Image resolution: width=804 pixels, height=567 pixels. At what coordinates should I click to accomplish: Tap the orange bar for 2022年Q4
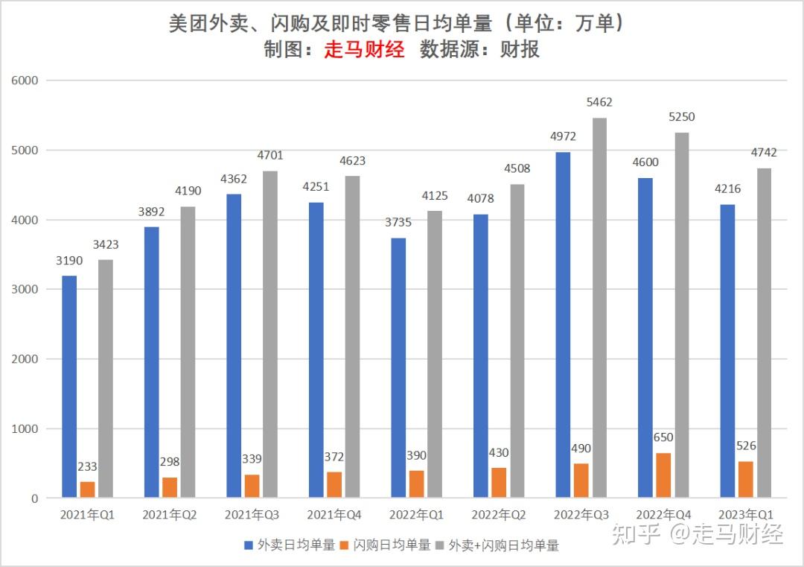663,475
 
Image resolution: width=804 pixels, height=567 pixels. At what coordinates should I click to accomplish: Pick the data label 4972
563,136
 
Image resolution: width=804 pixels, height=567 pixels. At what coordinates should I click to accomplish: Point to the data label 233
87,466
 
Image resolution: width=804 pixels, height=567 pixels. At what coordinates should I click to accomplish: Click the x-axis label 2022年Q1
416,515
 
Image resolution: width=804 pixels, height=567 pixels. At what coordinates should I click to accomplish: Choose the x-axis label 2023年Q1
745,515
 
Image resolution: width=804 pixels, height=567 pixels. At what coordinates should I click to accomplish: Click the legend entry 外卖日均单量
291,545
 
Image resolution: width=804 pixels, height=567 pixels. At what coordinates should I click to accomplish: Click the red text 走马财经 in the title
364,49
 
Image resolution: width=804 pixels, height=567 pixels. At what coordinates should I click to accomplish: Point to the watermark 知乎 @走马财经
697,533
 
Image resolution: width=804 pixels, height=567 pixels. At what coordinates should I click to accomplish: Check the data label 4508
517,168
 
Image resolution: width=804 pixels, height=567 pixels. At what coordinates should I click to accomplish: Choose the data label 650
663,437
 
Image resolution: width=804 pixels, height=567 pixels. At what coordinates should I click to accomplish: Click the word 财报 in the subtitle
520,49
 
